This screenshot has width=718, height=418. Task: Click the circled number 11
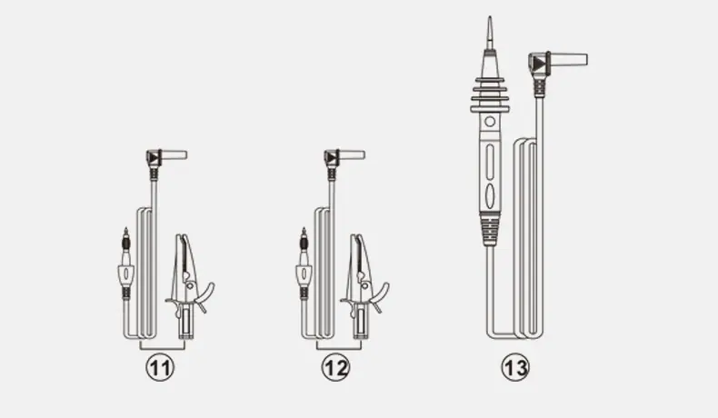[160, 368]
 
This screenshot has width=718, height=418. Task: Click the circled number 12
[335, 368]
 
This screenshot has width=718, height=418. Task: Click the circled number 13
[515, 367]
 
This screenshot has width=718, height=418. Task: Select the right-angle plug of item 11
[165, 158]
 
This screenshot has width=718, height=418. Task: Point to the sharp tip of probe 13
[490, 17]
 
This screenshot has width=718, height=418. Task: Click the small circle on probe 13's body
[490, 122]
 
